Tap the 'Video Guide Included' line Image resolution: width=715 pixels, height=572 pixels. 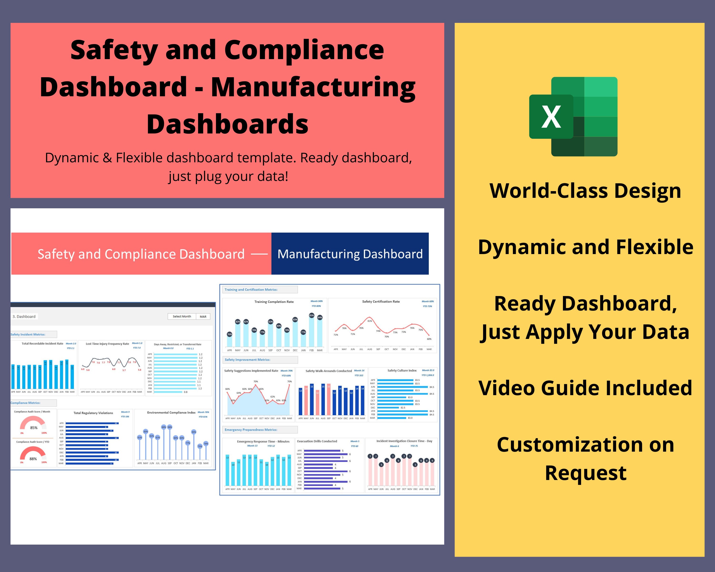[x=585, y=388]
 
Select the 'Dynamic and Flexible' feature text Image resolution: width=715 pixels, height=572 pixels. [x=585, y=247]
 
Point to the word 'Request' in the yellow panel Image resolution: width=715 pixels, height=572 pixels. [x=586, y=473]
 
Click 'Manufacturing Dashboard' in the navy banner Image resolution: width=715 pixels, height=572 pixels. [x=350, y=254]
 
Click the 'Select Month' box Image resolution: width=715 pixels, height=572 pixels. [x=182, y=316]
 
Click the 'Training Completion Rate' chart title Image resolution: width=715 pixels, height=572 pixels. [x=274, y=302]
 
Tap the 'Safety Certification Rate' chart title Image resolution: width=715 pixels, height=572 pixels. [x=381, y=301]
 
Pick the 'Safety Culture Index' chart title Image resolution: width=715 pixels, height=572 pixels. [x=402, y=370]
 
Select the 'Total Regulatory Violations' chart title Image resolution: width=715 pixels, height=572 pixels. [x=93, y=413]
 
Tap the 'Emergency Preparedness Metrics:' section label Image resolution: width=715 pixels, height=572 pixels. [x=251, y=430]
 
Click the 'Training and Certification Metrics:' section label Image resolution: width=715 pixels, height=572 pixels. [x=251, y=290]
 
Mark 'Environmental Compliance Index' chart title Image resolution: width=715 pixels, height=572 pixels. [x=171, y=413]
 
